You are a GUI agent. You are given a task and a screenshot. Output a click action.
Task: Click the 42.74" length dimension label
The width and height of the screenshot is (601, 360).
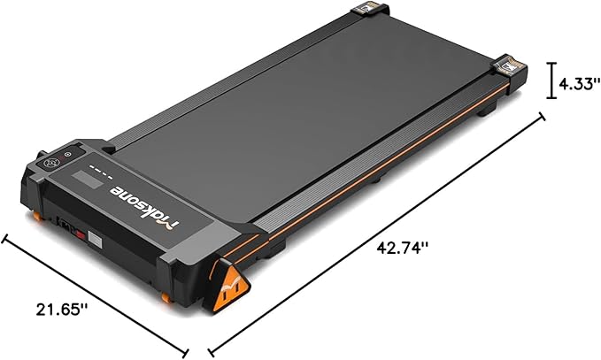[x=402, y=248]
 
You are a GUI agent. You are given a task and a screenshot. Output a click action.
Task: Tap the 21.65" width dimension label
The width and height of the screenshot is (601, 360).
[x=62, y=309]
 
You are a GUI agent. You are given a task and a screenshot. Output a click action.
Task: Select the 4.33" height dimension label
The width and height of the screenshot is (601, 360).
[x=579, y=83]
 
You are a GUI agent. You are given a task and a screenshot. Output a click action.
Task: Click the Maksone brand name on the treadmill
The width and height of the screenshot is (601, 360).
[x=144, y=205]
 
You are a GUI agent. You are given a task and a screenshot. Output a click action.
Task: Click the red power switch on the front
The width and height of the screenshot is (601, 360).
[x=80, y=234]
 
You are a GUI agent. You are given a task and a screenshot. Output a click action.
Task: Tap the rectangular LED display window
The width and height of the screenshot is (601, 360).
[x=88, y=180]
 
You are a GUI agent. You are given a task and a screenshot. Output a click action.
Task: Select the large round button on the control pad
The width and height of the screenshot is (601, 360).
[x=50, y=163]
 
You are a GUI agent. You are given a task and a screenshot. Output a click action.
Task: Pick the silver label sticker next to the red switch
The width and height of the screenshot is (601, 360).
[x=96, y=241]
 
